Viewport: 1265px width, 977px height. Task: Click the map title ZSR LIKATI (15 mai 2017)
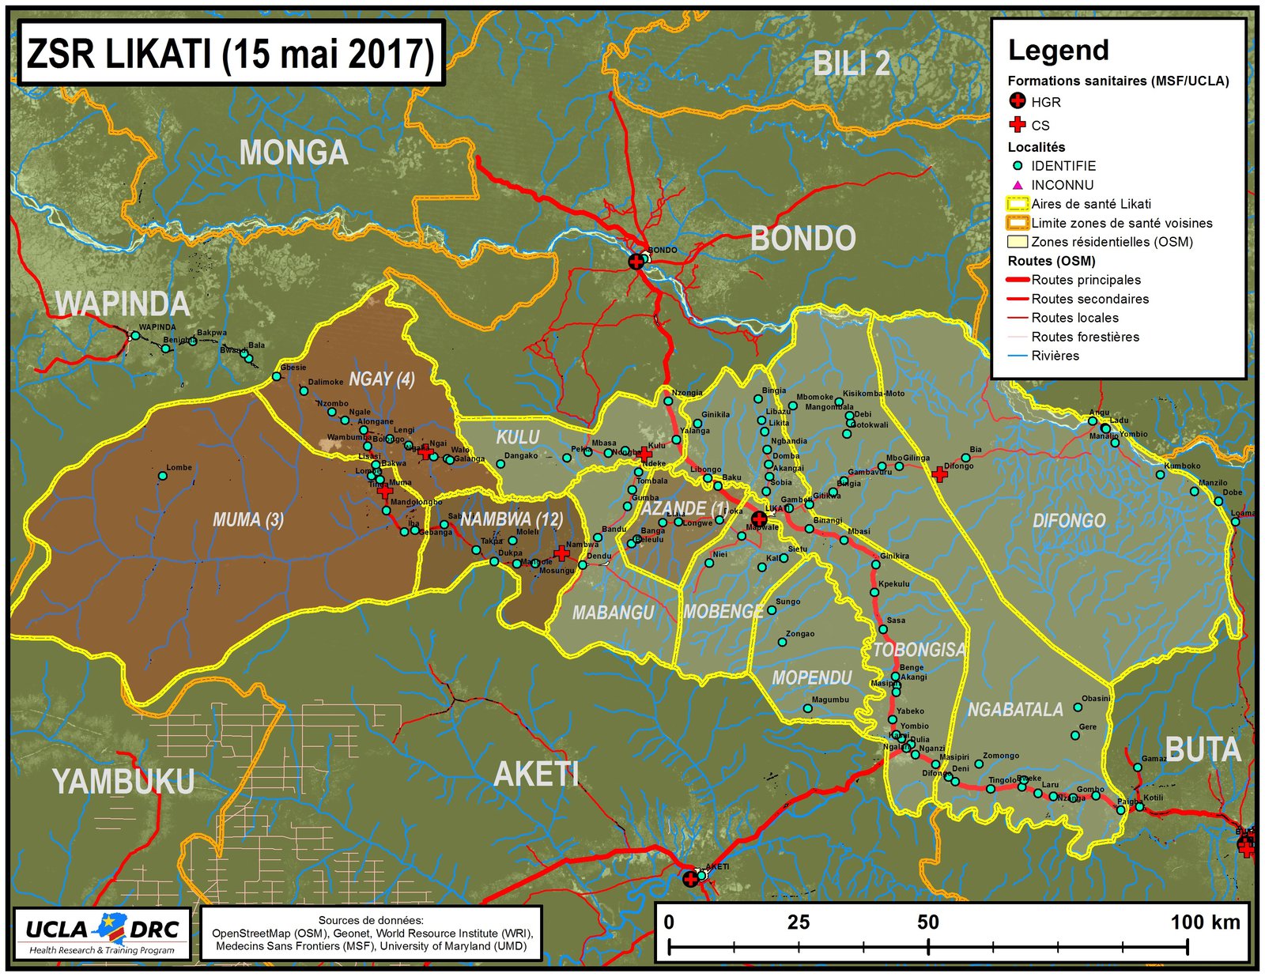click(230, 54)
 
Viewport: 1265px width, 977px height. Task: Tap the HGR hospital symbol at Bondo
click(636, 262)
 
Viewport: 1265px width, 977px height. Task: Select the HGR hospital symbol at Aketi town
click(690, 879)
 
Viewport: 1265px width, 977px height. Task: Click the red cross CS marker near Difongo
click(939, 474)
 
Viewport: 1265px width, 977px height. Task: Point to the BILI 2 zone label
click(852, 64)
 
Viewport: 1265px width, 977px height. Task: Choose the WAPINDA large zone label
click(122, 304)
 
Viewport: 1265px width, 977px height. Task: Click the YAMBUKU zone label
click(123, 782)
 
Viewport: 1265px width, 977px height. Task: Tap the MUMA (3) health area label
click(247, 519)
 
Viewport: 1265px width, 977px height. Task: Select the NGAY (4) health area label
click(382, 379)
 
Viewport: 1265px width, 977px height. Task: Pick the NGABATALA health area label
click(1015, 709)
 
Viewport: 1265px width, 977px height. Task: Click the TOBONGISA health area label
click(919, 650)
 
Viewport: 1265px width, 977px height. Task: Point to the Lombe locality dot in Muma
click(163, 476)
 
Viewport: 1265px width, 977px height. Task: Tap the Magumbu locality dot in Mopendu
click(807, 708)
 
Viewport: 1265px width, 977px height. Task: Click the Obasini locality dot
click(1077, 707)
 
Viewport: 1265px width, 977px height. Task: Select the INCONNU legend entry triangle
click(1018, 185)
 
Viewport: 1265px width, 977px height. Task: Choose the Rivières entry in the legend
click(1055, 356)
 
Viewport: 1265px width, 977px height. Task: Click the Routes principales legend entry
click(1086, 280)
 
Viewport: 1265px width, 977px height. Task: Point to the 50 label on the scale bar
click(927, 922)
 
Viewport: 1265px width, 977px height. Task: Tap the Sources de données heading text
click(371, 920)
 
